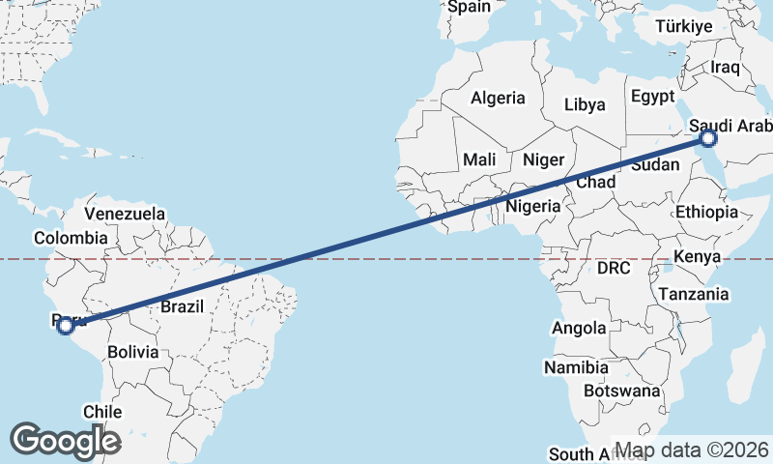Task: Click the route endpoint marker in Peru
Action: (x=65, y=326)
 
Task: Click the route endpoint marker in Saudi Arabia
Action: (x=708, y=139)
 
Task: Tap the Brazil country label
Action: (x=182, y=307)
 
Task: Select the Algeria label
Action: (x=498, y=98)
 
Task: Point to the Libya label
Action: (x=585, y=104)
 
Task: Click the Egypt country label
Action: (x=652, y=97)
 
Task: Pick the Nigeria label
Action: (x=533, y=206)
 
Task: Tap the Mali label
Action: (x=479, y=159)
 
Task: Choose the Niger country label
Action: (x=543, y=159)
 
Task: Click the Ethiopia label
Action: (x=706, y=213)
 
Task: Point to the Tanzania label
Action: (x=693, y=294)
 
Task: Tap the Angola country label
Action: (x=579, y=329)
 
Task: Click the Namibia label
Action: (x=576, y=368)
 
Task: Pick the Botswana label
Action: (x=622, y=391)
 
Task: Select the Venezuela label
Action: (x=125, y=214)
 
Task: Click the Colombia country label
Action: (x=70, y=238)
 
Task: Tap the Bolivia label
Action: (x=132, y=353)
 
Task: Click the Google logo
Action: (x=65, y=441)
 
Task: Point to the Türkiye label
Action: (x=683, y=27)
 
